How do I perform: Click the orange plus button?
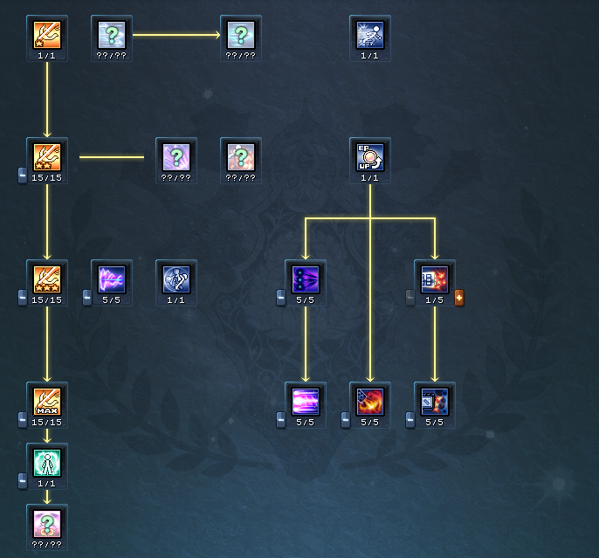tap(459, 299)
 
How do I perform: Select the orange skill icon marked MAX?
tap(47, 401)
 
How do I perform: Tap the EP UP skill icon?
tap(370, 156)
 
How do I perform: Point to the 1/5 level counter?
tap(435, 300)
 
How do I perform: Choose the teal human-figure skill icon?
tap(47, 462)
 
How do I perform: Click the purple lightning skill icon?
tap(112, 279)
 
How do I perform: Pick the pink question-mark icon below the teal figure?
tap(47, 523)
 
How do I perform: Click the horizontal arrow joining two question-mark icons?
tap(176, 36)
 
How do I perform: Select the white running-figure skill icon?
tap(370, 34)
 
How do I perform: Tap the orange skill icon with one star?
tap(47, 34)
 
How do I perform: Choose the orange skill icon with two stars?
tap(47, 156)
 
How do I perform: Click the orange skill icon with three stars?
tap(47, 279)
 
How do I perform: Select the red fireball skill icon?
tap(370, 401)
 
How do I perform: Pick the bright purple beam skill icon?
tap(306, 401)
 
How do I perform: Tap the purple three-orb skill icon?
tap(306, 279)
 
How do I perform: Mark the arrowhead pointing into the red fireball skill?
tap(370, 377)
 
